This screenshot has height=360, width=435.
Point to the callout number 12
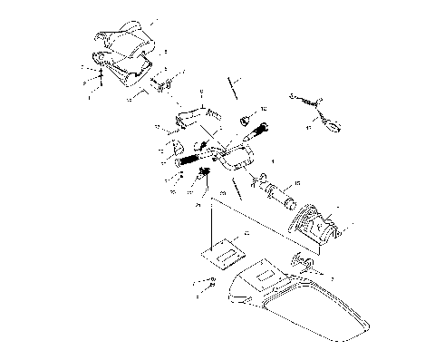[264, 110]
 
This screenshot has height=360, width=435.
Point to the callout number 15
[291, 184]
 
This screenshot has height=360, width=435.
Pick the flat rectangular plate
[224, 247]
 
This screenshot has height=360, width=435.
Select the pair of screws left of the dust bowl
[205, 287]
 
